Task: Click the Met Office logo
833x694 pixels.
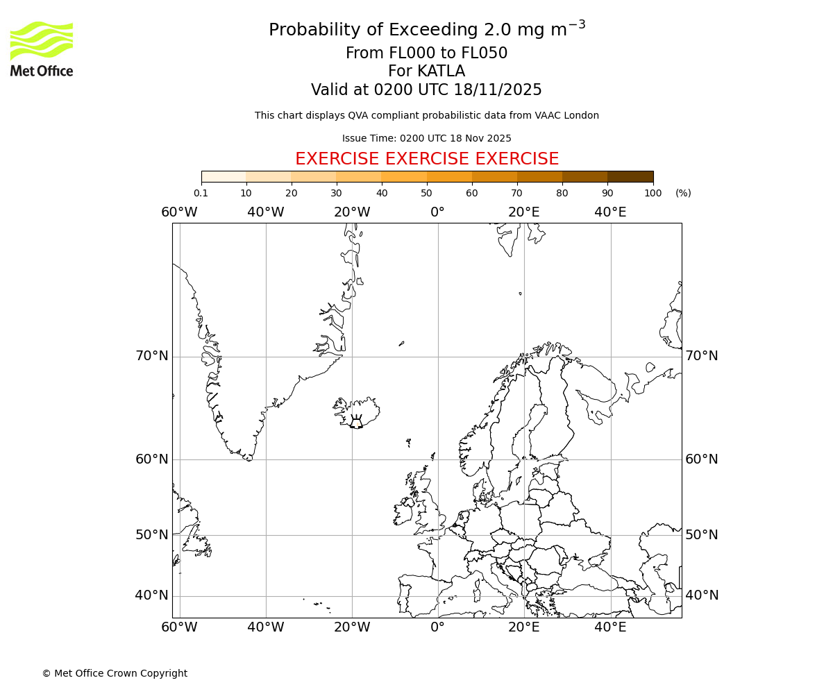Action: pyautogui.click(x=42, y=49)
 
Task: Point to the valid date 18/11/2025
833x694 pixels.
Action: pyautogui.click(x=498, y=90)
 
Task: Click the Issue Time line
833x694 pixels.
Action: pyautogui.click(x=426, y=139)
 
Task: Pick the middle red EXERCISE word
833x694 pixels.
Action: pyautogui.click(x=426, y=159)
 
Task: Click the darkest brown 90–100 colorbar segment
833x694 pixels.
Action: pyautogui.click(x=630, y=176)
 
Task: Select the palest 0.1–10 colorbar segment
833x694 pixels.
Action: pyautogui.click(x=224, y=176)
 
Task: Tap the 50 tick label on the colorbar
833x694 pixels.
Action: pyautogui.click(x=426, y=193)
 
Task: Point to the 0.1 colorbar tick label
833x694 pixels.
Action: pyautogui.click(x=201, y=193)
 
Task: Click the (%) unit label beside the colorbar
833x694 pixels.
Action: pyautogui.click(x=683, y=193)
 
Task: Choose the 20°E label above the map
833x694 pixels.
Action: pyautogui.click(x=524, y=212)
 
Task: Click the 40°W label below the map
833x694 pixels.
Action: pyautogui.click(x=266, y=627)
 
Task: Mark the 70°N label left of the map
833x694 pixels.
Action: pyautogui.click(x=152, y=356)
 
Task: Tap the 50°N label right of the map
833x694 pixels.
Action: pyautogui.click(x=702, y=534)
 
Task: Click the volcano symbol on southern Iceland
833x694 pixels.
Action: pyautogui.click(x=356, y=423)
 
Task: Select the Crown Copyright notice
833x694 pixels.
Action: pyautogui.click(x=115, y=673)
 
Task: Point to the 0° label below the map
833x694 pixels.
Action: pyautogui.click(x=437, y=627)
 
